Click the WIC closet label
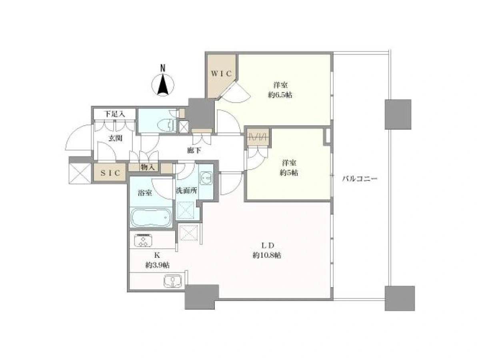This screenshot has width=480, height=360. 221,74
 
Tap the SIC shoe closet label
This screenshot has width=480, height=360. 110,173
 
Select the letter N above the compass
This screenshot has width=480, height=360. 162,68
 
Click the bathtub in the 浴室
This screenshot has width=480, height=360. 151,218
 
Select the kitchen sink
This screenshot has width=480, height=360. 172,281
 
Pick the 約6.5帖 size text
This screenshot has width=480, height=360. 280,95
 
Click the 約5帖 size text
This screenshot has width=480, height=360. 289,173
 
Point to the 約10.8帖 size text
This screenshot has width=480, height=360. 267,255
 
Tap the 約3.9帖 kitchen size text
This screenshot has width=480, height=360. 157,265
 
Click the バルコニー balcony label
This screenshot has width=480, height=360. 360,179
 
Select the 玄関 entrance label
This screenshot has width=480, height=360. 115,138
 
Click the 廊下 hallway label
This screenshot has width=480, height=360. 194,151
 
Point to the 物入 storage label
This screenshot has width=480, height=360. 148,168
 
